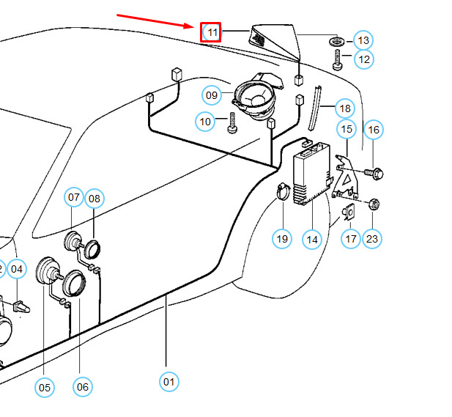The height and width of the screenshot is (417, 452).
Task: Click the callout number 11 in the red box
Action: click(x=212, y=32)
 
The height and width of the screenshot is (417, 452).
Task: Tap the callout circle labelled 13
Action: click(x=363, y=40)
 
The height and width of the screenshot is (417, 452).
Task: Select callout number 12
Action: click(x=363, y=59)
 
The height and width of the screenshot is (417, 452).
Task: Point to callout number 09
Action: click(x=212, y=95)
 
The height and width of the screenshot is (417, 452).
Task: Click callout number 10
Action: click(x=206, y=120)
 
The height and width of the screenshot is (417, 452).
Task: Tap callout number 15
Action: click(x=347, y=130)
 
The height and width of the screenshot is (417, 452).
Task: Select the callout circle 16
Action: click(x=374, y=130)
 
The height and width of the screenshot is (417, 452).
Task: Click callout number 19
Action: click(x=283, y=238)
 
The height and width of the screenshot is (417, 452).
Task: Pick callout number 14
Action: click(x=313, y=238)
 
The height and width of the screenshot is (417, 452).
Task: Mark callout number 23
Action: click(x=373, y=238)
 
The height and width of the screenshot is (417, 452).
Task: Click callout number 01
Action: click(x=169, y=381)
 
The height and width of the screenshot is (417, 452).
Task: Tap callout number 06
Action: click(x=83, y=387)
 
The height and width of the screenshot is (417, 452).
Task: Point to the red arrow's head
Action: click(x=199, y=26)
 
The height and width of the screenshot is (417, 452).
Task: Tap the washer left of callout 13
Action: click(x=338, y=40)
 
